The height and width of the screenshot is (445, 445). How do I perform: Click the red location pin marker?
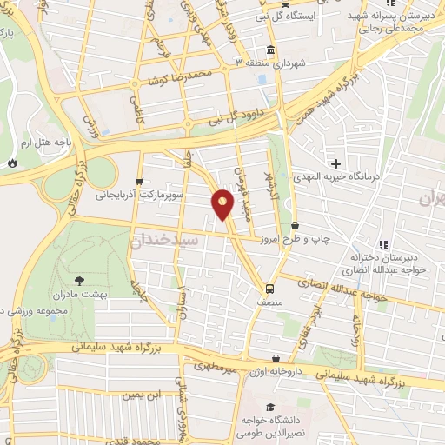[222, 203]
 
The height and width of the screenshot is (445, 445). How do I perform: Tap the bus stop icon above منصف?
[269, 288]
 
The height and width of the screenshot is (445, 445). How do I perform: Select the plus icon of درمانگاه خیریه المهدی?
[335, 163]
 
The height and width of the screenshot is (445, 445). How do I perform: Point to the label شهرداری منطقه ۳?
[276, 63]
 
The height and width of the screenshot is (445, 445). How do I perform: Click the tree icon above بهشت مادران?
[80, 280]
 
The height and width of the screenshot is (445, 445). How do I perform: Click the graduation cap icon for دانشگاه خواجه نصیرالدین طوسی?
[269, 407]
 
